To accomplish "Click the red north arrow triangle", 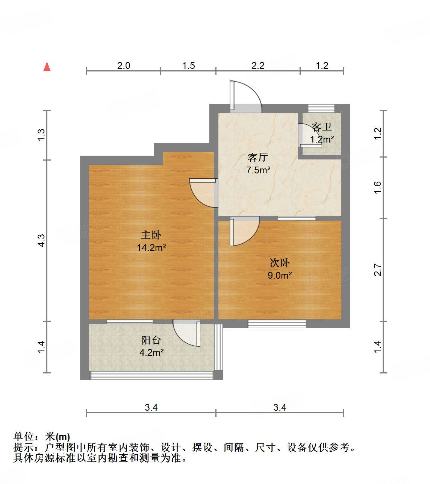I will (47, 67).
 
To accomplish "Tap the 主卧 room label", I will (151, 235).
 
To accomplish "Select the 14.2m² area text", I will (151, 247).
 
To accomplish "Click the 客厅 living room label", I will (258, 157).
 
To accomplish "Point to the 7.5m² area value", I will (258, 170).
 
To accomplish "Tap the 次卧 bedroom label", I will (280, 262).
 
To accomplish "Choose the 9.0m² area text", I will (280, 275).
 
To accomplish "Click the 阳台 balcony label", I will (151, 340).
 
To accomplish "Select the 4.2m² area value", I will (151, 352).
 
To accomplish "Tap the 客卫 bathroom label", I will (322, 127).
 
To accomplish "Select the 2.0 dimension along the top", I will (123, 65).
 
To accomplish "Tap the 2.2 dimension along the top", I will (258, 65).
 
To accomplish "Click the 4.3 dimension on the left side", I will (41, 241).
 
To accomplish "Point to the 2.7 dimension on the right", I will (378, 270).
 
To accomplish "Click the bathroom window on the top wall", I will (321, 108).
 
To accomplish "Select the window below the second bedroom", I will (277, 323).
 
